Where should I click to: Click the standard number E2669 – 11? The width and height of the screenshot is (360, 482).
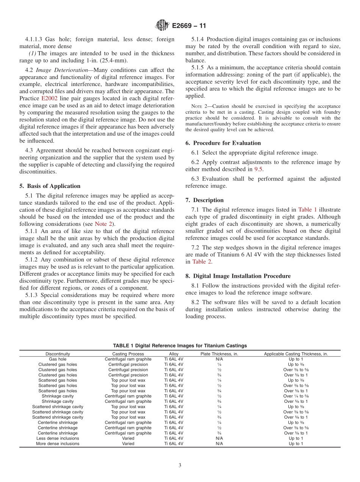click(x=189, y=26)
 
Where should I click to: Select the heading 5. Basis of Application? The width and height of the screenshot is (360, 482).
click(x=50, y=186)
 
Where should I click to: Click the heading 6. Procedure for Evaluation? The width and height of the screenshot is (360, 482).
click(x=223, y=143)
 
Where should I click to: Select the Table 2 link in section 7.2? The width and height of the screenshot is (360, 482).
click(x=202, y=262)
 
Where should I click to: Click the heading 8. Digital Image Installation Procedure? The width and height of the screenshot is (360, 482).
click(x=238, y=276)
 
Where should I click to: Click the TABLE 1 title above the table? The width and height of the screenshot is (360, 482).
click(x=180, y=346)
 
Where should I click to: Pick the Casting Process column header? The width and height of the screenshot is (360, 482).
click(x=128, y=354)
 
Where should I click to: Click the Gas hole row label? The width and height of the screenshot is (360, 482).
click(x=58, y=359)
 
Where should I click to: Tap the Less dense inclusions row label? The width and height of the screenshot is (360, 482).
click(x=58, y=438)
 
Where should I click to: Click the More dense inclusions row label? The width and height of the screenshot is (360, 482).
click(x=58, y=444)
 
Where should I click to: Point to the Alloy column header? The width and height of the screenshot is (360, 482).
click(x=174, y=354)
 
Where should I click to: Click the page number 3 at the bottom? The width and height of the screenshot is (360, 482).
click(x=180, y=466)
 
